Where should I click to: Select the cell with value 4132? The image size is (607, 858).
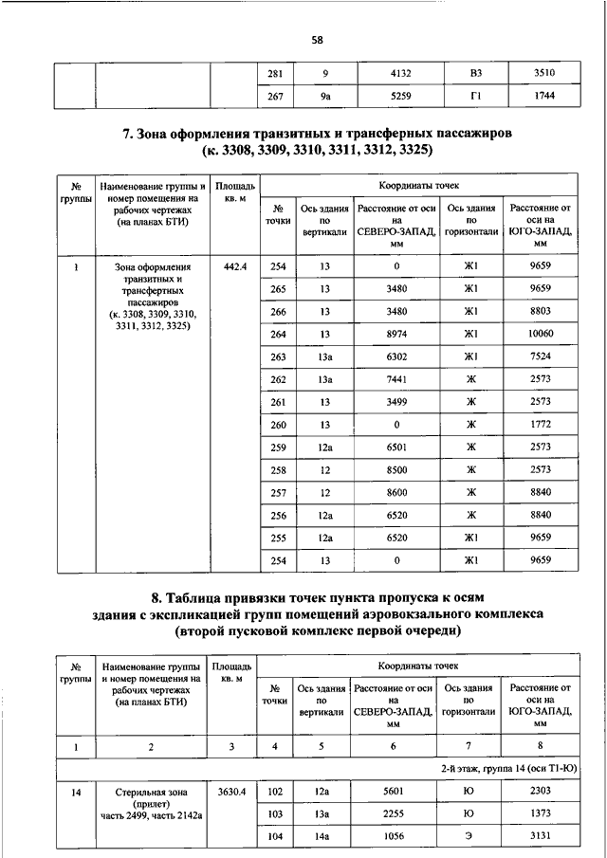click(396, 73)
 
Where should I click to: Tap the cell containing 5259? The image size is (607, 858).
click(396, 96)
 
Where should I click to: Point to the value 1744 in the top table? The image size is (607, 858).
click(543, 96)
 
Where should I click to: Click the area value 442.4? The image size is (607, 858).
click(233, 266)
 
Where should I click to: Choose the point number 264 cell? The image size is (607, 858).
click(278, 334)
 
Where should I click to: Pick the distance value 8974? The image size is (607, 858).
click(396, 334)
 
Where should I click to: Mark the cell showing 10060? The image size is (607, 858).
click(542, 334)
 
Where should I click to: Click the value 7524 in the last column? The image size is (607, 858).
click(542, 356)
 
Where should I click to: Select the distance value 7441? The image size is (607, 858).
click(396, 379)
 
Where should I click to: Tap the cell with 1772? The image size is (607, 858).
click(542, 425)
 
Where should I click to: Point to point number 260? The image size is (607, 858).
click(278, 425)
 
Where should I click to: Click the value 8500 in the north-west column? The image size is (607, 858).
click(396, 470)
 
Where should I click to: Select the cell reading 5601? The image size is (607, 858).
click(396, 791)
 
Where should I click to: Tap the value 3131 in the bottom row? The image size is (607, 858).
click(542, 835)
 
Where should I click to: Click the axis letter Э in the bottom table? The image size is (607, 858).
click(469, 835)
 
